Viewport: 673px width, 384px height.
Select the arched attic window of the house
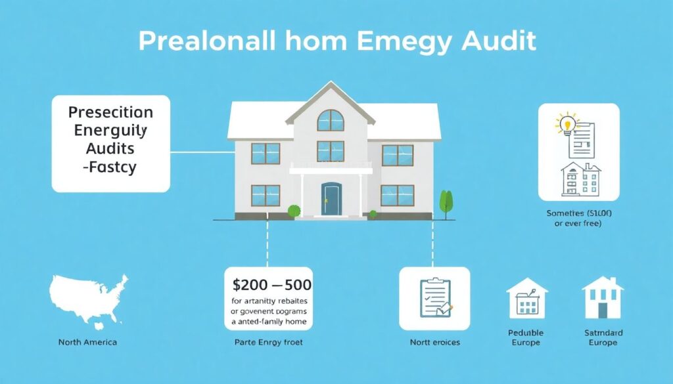coord(330,120)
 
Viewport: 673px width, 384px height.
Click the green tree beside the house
coord(447,202)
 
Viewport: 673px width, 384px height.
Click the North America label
coord(87,342)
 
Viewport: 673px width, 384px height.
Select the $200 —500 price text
coord(272,286)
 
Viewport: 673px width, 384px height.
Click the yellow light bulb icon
coord(566,123)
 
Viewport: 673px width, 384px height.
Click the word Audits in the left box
coord(101,148)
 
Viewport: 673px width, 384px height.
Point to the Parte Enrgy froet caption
coord(269,342)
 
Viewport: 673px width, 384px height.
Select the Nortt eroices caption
coord(434,342)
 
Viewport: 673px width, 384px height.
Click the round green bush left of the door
coord(294,211)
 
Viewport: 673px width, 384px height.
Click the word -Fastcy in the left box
coord(101,167)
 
